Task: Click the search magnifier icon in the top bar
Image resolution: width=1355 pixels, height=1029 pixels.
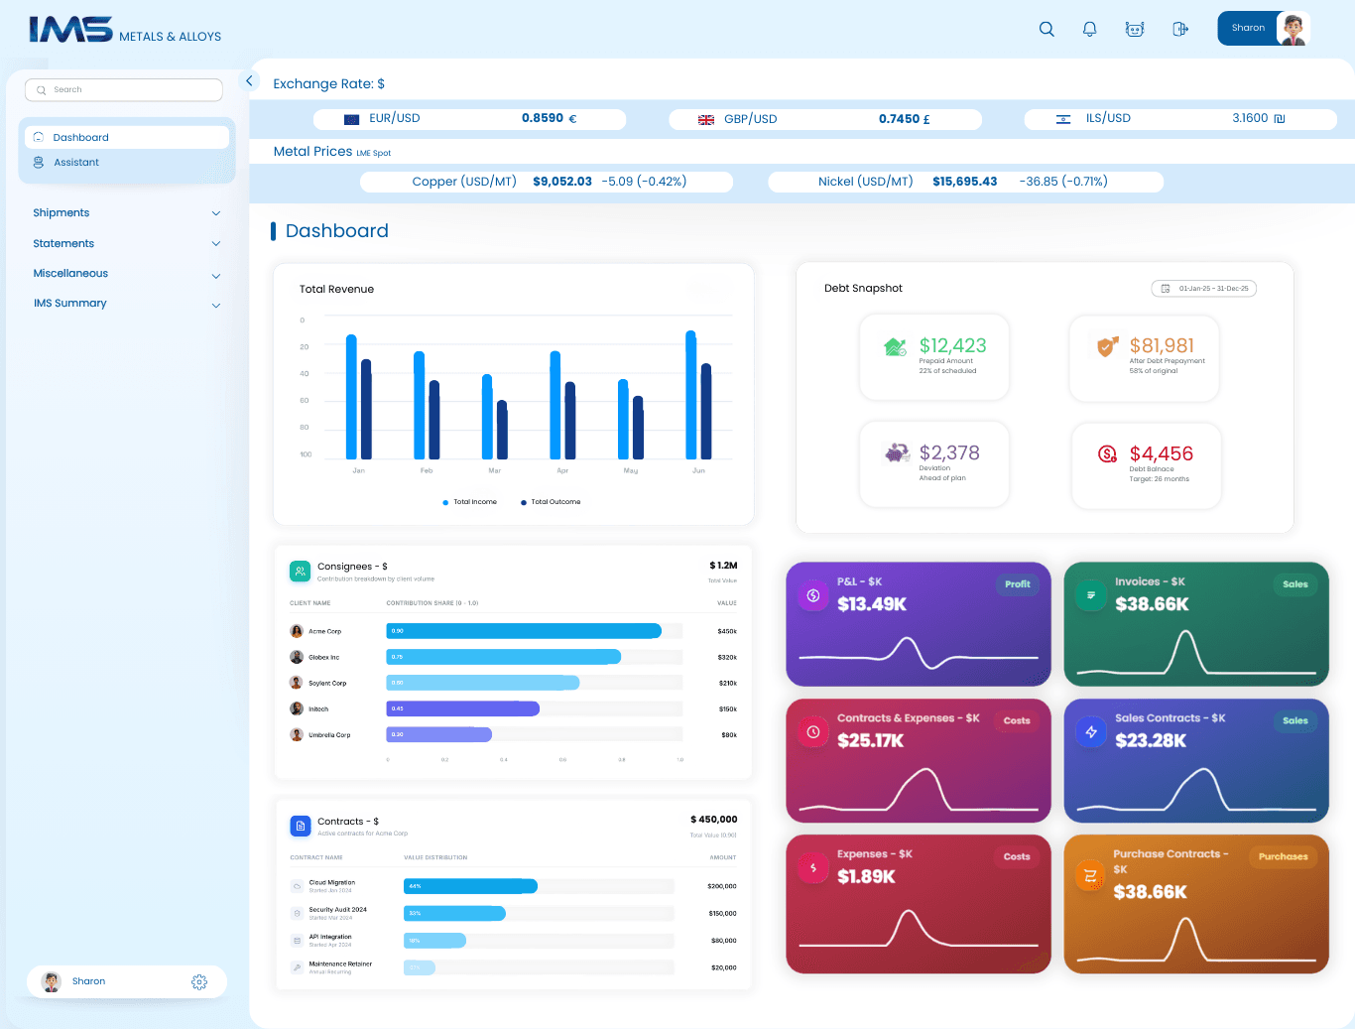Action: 1047,29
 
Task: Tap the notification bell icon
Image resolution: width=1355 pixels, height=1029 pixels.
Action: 1089,29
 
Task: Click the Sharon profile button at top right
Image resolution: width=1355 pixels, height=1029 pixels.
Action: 1263,29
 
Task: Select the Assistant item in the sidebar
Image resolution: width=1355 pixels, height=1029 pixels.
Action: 76,163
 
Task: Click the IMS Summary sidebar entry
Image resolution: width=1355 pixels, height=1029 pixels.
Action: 69,304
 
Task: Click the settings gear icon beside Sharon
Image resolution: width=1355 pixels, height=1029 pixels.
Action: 199,981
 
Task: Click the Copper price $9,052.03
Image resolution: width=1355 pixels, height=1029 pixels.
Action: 561,182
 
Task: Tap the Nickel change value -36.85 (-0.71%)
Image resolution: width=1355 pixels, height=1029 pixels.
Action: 1062,182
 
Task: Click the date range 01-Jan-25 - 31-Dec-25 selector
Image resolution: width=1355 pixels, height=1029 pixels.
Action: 1203,289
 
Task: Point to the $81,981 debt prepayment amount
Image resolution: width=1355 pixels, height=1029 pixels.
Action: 1162,345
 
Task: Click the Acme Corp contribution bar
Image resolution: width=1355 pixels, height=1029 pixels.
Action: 524,631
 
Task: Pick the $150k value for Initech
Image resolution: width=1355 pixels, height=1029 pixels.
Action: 727,709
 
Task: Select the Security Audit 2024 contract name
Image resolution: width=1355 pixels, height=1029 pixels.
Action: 337,910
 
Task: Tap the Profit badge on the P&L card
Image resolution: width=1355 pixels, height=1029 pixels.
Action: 1017,584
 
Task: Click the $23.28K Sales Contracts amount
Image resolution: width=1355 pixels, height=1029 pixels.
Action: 1150,740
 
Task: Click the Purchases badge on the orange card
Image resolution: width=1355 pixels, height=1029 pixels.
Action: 1283,856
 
